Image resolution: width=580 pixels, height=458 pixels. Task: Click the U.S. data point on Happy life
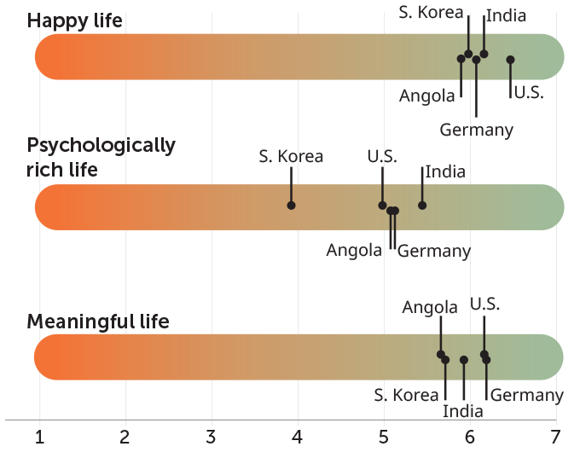point(510,60)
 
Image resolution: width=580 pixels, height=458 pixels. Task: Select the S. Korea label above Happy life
point(432,12)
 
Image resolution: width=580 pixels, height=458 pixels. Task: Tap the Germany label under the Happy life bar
point(477,130)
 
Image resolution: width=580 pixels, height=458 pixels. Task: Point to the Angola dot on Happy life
point(461,59)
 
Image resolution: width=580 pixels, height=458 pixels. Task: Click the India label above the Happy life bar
point(506,15)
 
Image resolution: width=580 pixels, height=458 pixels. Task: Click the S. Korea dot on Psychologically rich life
point(292,206)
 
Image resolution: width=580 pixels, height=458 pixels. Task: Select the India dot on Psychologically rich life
point(422,206)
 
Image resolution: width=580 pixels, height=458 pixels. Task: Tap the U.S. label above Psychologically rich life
point(382,157)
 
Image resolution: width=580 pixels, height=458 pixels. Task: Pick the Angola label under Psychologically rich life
point(354,251)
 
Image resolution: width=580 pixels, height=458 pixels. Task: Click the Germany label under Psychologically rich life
point(434,251)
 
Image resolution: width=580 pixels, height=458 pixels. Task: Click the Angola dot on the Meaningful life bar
point(441,354)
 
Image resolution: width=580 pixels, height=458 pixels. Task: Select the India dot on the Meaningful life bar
point(464,360)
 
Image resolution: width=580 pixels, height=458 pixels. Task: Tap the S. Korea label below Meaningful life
point(406,395)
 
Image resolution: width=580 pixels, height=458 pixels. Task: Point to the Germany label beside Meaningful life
point(526,395)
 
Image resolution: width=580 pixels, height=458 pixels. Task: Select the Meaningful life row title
point(98,322)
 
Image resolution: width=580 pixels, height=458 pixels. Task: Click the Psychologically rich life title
point(101,157)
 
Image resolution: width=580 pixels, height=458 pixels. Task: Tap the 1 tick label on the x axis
point(39,438)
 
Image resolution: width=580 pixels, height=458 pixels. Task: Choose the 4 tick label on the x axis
point(298,438)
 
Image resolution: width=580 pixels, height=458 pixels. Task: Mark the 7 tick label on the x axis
point(556,438)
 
